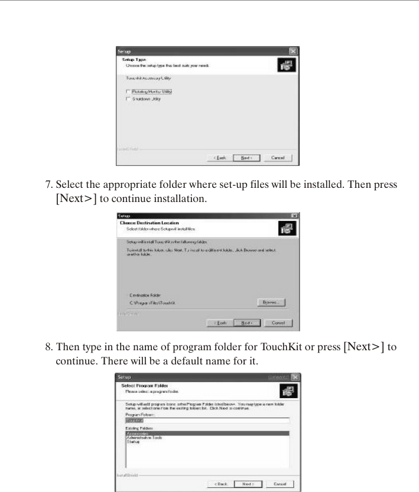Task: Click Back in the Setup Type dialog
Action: tap(217, 158)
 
